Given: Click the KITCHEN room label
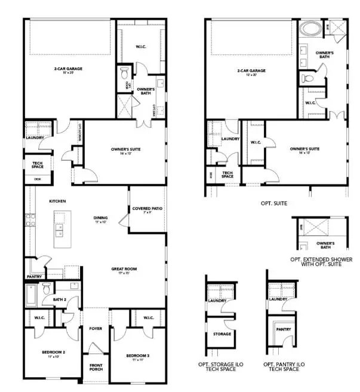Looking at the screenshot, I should pos(57,201).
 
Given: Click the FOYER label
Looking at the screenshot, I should pos(96,328).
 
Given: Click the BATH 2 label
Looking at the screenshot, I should pos(59,300).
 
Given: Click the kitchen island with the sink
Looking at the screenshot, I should pos(60,229).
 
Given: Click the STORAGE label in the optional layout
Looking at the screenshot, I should pos(222,333).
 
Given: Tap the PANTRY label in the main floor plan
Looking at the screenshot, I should pos(33,277).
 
